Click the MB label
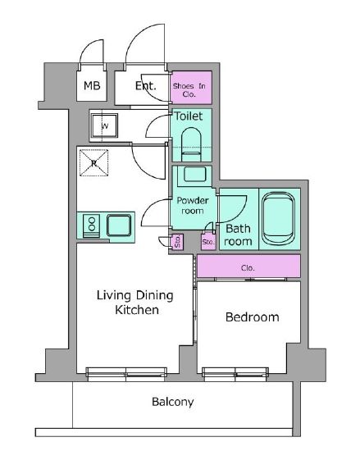92,85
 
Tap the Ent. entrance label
145,85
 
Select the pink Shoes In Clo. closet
191,88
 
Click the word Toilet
189,116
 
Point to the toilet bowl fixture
191,144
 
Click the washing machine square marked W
105,125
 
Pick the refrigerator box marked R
93,163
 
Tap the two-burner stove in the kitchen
92,225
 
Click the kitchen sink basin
119,225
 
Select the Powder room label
193,206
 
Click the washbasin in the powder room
194,175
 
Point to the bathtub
278,219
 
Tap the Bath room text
238,235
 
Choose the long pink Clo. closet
248,266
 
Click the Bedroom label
253,317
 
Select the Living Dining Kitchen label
135,303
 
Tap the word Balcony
173,402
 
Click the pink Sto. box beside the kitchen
177,242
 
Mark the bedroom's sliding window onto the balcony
235,375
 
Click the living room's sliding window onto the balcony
126,375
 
